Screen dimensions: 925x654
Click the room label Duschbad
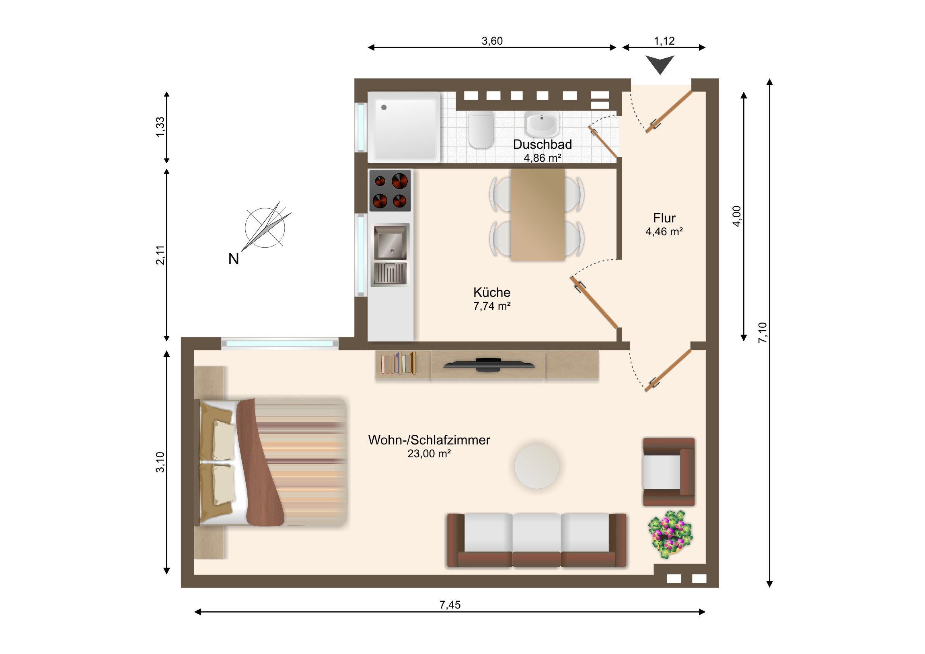click(542, 144)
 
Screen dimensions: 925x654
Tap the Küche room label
click(491, 292)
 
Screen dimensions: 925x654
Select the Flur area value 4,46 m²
click(664, 231)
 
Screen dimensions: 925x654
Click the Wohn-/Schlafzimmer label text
click(429, 440)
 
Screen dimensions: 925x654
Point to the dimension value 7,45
click(450, 605)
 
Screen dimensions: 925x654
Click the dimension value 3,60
click(492, 41)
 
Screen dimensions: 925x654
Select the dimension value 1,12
click(664, 41)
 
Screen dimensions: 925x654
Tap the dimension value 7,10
click(763, 333)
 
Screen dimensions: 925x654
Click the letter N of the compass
click(234, 259)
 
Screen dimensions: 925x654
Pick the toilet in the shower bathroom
click(481, 130)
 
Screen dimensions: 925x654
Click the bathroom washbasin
click(541, 124)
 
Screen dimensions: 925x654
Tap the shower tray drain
click(384, 107)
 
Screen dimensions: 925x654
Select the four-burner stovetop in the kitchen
click(390, 191)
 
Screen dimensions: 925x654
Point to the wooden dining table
click(537, 214)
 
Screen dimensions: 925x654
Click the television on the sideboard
click(489, 365)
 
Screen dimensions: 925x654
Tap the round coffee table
click(536, 466)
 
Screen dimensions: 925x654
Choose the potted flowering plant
click(670, 534)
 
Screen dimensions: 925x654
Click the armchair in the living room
click(669, 472)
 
